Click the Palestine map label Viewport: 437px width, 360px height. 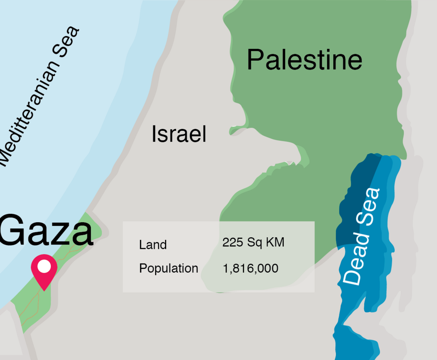(304, 60)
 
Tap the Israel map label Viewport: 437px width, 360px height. (179, 134)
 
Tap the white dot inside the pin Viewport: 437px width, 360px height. (44, 266)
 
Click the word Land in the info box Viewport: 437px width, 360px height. (153, 245)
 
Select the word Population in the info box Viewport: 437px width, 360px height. (168, 268)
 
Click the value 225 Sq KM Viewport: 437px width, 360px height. (253, 243)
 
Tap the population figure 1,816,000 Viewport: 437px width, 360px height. (250, 268)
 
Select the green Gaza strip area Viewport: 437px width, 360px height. (27, 304)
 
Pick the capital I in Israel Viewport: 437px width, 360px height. (154, 134)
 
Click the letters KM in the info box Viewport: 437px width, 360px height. (275, 243)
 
